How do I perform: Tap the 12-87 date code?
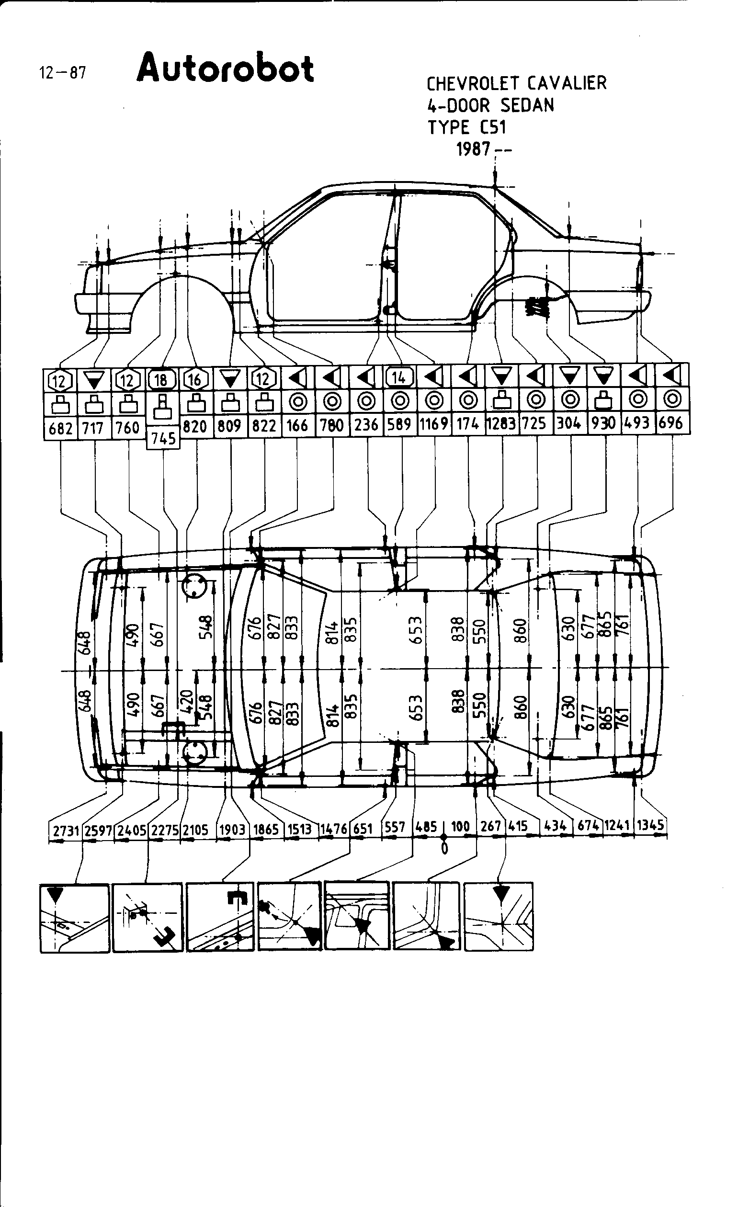(x=62, y=73)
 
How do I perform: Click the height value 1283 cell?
(x=501, y=423)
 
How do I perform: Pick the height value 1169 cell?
(x=434, y=423)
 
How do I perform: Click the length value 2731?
(x=66, y=831)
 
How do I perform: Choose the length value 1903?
(x=232, y=829)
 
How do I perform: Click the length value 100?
(x=460, y=826)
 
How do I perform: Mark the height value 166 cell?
(x=297, y=424)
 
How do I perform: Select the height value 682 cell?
(x=60, y=429)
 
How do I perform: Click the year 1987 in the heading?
(x=473, y=149)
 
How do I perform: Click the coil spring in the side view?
(x=536, y=308)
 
